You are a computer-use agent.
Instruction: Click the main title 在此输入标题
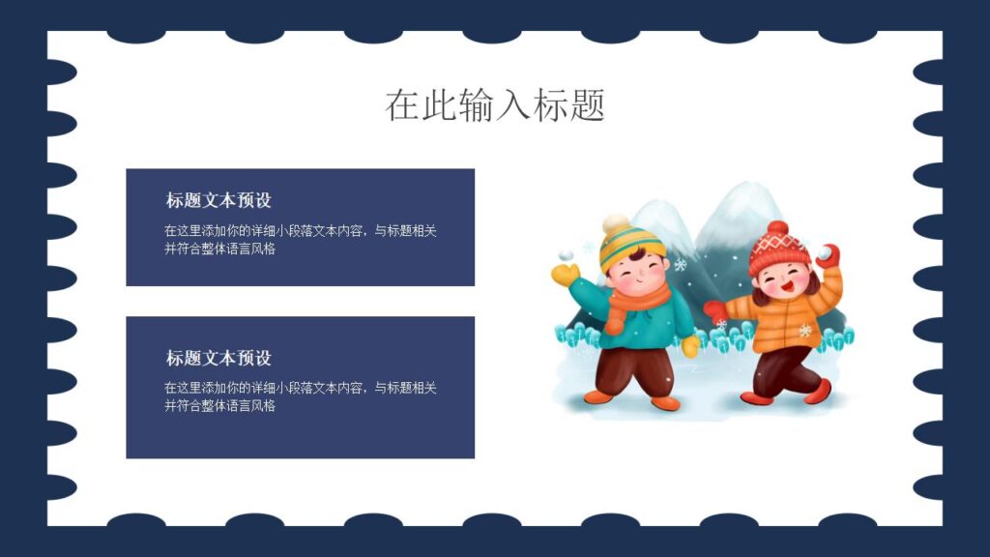click(x=494, y=104)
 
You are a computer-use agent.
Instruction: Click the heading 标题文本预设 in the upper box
click(x=218, y=200)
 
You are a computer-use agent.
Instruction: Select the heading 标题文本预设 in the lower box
click(x=218, y=357)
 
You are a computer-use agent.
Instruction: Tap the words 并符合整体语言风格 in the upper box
click(x=219, y=249)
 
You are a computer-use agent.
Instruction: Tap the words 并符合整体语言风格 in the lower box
click(x=219, y=406)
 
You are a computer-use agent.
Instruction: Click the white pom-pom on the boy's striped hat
click(x=615, y=224)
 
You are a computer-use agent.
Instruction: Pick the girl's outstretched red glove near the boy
click(x=714, y=310)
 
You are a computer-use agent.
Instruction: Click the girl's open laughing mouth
click(x=788, y=286)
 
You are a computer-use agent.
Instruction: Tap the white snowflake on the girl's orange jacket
click(x=804, y=331)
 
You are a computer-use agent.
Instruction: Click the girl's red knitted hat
click(x=778, y=249)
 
